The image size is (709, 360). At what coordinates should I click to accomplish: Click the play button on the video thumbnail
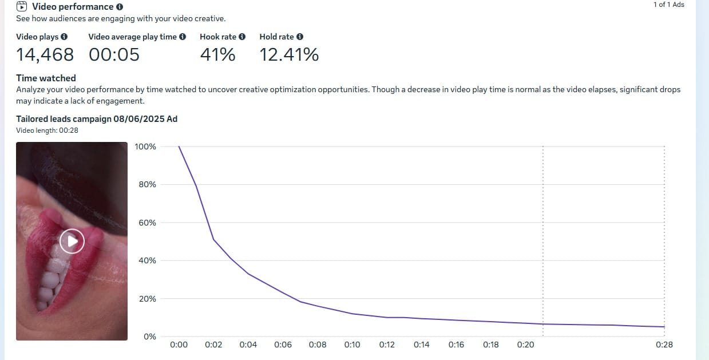(x=72, y=241)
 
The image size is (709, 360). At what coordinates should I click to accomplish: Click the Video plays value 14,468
(x=45, y=55)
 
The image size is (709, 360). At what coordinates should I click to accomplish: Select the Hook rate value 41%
(x=217, y=55)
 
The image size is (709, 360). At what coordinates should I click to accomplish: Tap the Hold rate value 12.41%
(x=289, y=55)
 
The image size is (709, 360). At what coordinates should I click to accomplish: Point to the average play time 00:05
(x=114, y=55)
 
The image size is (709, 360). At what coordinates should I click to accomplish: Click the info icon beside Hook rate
(x=242, y=37)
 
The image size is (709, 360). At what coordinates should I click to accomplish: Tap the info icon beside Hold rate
(x=300, y=37)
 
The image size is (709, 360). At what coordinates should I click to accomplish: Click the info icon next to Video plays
(x=64, y=37)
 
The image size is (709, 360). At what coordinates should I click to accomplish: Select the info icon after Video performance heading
(x=120, y=7)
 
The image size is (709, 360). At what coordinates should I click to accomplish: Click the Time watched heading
(x=46, y=78)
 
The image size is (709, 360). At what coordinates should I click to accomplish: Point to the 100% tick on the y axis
(x=145, y=147)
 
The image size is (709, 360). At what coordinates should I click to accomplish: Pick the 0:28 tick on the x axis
(x=664, y=345)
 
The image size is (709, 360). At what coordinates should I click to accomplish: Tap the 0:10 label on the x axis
(x=352, y=345)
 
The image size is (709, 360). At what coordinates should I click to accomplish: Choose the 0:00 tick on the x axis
(x=179, y=345)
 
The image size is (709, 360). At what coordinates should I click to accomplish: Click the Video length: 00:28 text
(x=47, y=130)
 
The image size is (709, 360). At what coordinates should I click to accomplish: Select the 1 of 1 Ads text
(x=668, y=5)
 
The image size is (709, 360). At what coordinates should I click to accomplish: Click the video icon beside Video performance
(x=22, y=7)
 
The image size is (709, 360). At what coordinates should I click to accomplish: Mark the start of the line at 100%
(x=179, y=147)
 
